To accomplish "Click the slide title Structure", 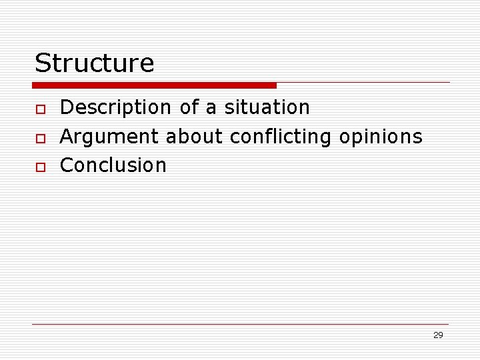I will coord(94,63).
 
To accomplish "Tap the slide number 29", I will coord(438,335).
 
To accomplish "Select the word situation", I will coord(267,107).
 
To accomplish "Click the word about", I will coord(195,137).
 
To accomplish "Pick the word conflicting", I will coord(281,137).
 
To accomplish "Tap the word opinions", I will coord(381,137).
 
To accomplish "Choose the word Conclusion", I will coord(113,165).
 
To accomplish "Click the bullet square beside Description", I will coord(40,109).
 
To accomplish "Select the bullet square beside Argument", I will coord(40,138).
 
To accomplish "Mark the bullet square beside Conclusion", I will coord(40,167).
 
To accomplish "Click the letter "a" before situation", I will coord(211,109).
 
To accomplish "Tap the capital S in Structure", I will coord(43,63).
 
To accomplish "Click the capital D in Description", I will coord(67,107).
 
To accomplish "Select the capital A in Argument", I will coord(67,137).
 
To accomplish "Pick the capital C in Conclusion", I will coord(67,165).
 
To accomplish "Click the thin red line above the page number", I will coord(240,325).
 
